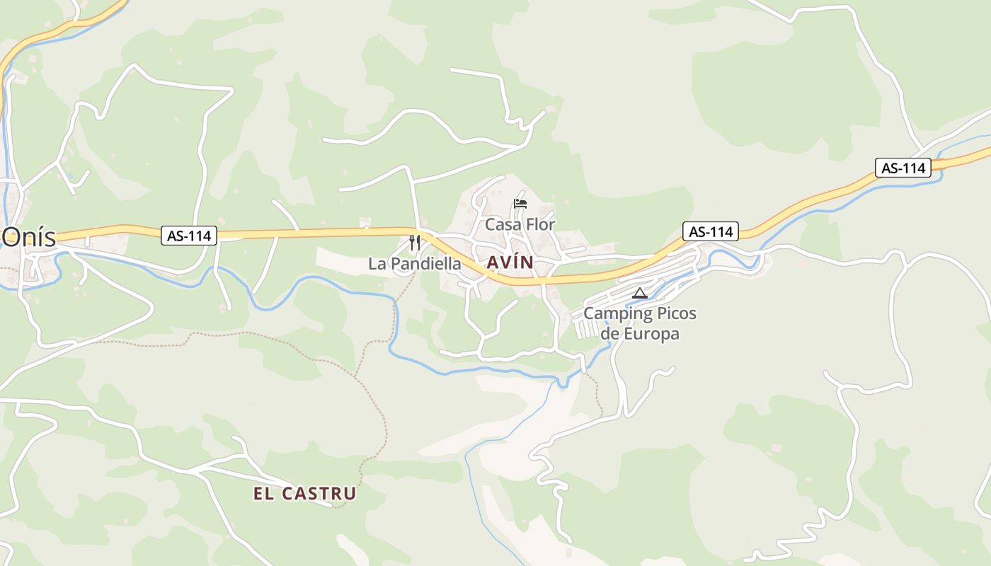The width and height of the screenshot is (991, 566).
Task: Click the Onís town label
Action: coord(28,238)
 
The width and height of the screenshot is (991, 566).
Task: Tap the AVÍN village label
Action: coord(510,262)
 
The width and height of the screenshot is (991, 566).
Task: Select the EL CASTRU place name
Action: coord(304,494)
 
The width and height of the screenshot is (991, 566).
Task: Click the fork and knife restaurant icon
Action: coord(415,243)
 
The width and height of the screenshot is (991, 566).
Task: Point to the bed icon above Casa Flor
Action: coord(520,204)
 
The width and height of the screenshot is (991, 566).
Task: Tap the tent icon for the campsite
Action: coord(640,293)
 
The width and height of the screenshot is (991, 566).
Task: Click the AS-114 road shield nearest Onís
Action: coord(189,236)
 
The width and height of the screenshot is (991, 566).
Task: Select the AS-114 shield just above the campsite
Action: coord(711,231)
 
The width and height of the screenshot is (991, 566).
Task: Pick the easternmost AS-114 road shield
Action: coord(903,168)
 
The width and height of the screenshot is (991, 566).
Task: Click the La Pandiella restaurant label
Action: coord(415,264)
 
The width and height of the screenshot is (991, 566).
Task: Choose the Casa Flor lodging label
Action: coord(520,224)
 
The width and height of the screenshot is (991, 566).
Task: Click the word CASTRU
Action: coord(319,494)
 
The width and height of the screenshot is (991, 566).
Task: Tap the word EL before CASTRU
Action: coord(263,494)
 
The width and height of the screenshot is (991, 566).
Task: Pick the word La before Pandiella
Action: coord(377,264)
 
